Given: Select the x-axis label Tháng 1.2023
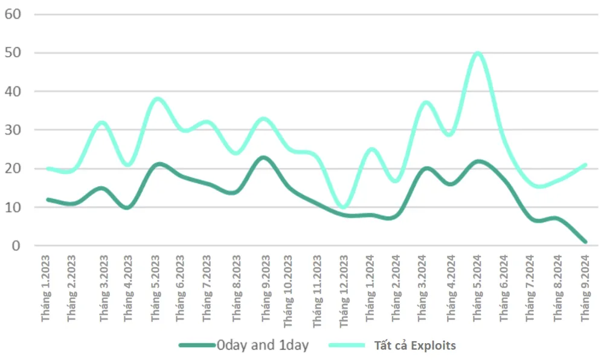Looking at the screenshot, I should [x=47, y=288].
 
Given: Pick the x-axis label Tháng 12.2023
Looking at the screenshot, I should [x=344, y=291].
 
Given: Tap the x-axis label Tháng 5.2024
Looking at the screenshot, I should [x=478, y=288].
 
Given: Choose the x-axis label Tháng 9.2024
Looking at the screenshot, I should [x=585, y=288].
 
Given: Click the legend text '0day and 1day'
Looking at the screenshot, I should [x=263, y=346].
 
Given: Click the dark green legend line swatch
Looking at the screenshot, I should [x=197, y=346].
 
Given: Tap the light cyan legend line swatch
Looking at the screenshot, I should [x=347, y=346].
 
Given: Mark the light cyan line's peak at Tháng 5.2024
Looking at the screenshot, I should [x=478, y=53].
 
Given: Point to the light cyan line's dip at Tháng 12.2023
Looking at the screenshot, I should [x=344, y=207].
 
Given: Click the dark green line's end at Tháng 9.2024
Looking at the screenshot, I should [x=585, y=242].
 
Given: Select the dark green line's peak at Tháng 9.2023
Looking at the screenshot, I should [x=263, y=158].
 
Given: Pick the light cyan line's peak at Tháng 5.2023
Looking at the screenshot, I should [x=157, y=99].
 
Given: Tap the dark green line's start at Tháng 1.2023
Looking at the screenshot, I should [x=48, y=199].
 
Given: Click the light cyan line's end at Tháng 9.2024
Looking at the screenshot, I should [x=585, y=164].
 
